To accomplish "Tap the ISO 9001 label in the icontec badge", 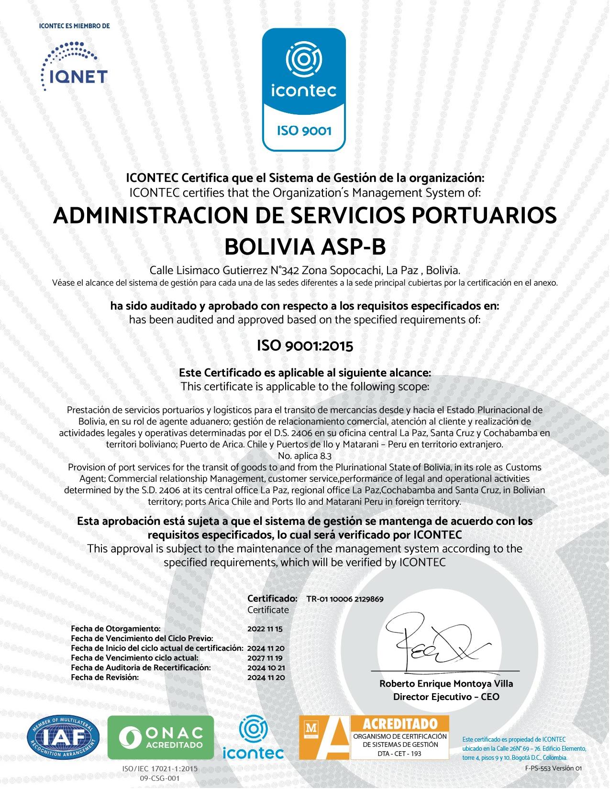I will pos(304,130).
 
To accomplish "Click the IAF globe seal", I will pos(64,737).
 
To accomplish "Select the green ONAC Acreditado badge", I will pos(161,737).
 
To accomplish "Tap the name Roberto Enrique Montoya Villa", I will pos(446,684).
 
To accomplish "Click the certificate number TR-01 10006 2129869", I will pos(344,599).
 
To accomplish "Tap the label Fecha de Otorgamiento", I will pos(115,629).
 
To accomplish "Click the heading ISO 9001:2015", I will pos(305,345).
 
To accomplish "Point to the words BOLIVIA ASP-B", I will pos(305,247).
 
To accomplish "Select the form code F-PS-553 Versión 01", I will pos(553,768).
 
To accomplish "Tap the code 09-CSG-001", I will pos(160,778).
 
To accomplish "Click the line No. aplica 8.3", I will pos(305,456).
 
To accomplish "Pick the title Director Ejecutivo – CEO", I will pos(446,697).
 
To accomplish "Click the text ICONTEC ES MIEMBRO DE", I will pos(74,26).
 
